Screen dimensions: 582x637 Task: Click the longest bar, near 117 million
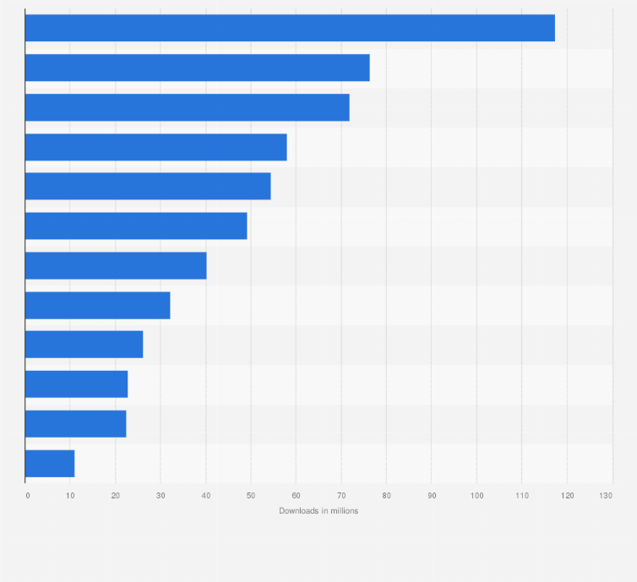(290, 28)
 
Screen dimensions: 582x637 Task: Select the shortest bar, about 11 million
(50, 464)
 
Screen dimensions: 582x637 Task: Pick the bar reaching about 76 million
(197, 68)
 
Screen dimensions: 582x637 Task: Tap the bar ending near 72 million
(187, 107)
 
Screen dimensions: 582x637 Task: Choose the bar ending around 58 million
(155, 147)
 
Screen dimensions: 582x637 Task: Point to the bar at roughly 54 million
(148, 186)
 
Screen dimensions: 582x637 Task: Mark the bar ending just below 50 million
(136, 226)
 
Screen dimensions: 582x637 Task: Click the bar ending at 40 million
(116, 265)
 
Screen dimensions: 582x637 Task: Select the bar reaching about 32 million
(97, 305)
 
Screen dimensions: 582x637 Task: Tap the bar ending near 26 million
(84, 345)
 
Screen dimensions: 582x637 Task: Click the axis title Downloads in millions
(318, 511)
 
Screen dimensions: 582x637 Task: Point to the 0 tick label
(27, 495)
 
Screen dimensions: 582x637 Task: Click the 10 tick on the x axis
(70, 495)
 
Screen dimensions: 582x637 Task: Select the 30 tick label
(161, 495)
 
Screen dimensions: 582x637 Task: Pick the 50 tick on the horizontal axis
(251, 495)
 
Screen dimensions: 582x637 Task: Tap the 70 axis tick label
(341, 495)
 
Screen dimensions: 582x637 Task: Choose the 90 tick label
(432, 495)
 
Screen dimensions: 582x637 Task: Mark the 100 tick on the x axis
(476, 495)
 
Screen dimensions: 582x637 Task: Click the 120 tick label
(567, 495)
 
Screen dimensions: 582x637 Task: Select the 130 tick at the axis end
(606, 495)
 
